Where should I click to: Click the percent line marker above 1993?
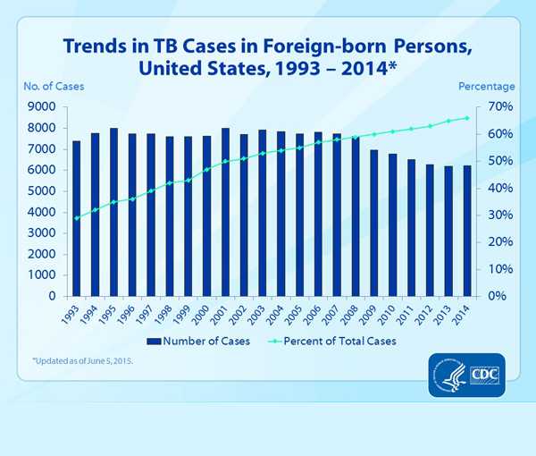[76, 218]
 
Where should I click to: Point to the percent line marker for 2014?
[466, 118]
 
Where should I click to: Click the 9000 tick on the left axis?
[43, 107]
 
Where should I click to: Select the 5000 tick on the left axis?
[43, 191]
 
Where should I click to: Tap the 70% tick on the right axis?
[498, 107]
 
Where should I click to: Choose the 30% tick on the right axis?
[498, 215]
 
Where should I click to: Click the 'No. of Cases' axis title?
[53, 87]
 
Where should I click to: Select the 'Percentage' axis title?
[486, 87]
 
